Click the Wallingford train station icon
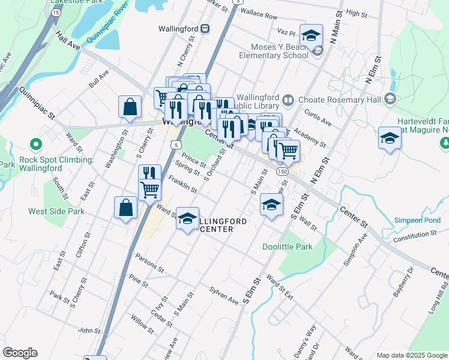pyautogui.click(x=205, y=28)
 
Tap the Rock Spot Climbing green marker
pyautogui.click(x=35, y=144)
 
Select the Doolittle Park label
pyautogui.click(x=288, y=247)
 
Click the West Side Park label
pyautogui.click(x=56, y=211)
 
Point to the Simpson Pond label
pyautogui.click(x=417, y=220)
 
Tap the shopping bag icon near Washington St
pyautogui.click(x=130, y=107)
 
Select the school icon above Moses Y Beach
pyautogui.click(x=311, y=36)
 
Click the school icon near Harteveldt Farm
pyautogui.click(x=390, y=139)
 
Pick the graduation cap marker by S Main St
pyautogui.click(x=271, y=205)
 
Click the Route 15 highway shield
pyautogui.click(x=56, y=12)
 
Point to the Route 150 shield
pyautogui.click(x=282, y=172)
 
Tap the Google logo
pyautogui.click(x=20, y=353)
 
